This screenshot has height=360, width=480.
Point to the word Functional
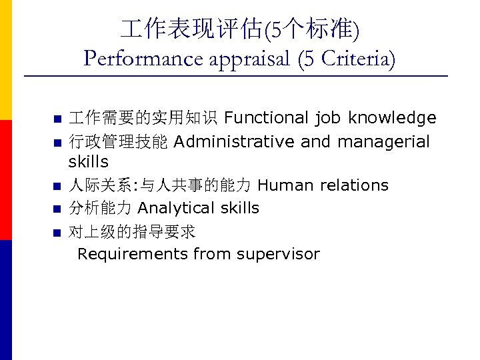point(264,118)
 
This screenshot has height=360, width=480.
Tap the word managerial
point(383,141)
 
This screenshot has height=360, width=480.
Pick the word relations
point(354,185)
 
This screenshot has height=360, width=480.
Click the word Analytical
point(177,208)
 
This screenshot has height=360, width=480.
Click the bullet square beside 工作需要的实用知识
point(57,120)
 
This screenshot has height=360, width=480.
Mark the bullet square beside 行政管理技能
point(57,143)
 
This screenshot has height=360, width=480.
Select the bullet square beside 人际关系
point(57,187)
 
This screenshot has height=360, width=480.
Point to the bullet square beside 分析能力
point(57,210)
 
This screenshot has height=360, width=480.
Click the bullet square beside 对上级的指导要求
point(57,233)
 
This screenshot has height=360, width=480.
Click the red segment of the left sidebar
point(5,180)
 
